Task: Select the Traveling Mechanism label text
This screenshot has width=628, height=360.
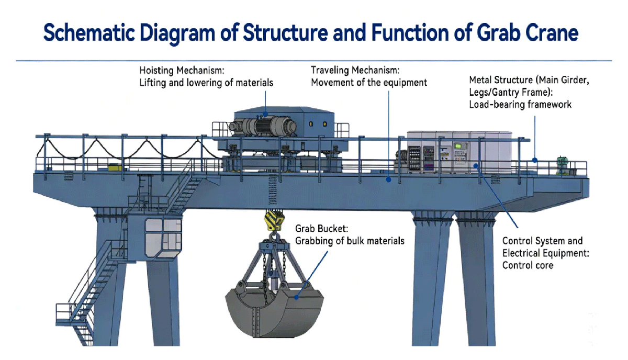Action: point(355,70)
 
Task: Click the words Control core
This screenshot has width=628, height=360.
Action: point(528,265)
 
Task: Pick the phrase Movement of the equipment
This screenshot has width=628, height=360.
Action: point(369,82)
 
